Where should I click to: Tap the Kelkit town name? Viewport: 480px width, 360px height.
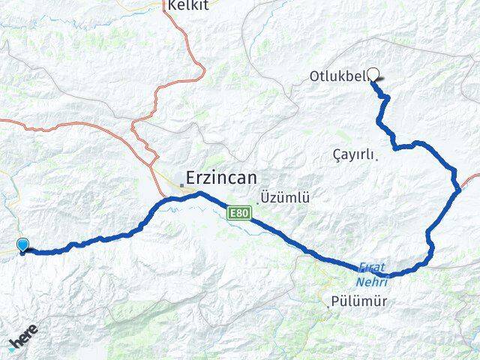(187, 4)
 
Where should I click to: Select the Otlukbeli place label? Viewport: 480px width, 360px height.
(337, 76)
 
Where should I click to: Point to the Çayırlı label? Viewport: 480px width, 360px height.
(352, 154)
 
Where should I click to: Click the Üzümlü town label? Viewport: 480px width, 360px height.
(286, 198)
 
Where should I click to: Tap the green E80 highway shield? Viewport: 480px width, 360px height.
(238, 214)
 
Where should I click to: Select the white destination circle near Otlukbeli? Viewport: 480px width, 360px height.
(373, 74)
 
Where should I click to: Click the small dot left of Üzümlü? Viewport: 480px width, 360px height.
(259, 200)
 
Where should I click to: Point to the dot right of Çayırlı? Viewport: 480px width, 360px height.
(376, 156)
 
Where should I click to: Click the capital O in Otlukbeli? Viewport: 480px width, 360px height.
(314, 76)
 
